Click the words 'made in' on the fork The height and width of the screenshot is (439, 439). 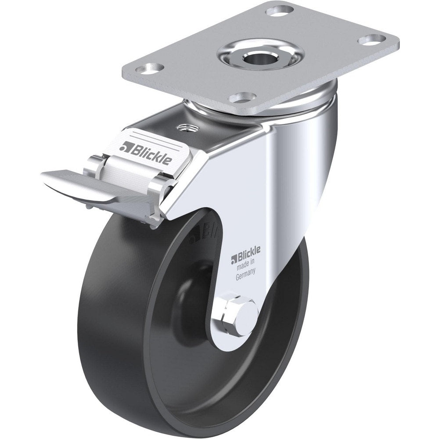click(x=245, y=266)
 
